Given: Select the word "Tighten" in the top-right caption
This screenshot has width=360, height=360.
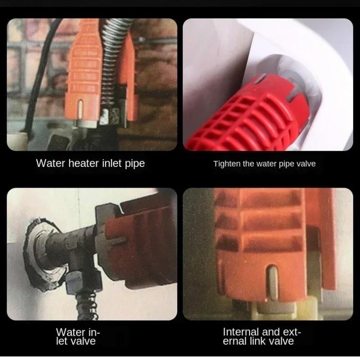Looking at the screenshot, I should point(227,164).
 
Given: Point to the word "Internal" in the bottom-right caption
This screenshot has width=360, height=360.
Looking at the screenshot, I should point(242,332).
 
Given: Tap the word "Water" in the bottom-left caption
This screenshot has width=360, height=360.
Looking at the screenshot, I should point(69,332).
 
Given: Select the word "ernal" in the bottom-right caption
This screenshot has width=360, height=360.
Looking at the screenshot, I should point(241,341).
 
